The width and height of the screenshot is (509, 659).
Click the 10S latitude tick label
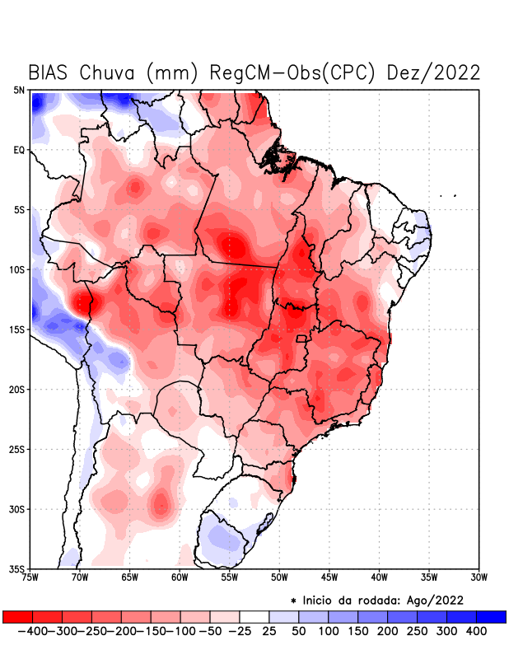(x=17, y=269)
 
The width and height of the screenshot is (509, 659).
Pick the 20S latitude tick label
(x=17, y=389)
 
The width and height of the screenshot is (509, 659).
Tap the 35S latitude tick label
(x=17, y=568)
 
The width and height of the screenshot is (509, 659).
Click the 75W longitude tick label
(x=30, y=577)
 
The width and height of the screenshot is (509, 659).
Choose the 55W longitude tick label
(x=230, y=577)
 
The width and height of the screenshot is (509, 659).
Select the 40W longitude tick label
(x=380, y=577)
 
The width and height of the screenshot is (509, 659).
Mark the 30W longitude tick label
(x=479, y=577)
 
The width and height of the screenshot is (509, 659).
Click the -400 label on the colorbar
(x=30, y=631)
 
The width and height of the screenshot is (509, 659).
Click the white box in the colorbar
(x=254, y=616)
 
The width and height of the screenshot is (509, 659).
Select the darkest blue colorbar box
(x=492, y=616)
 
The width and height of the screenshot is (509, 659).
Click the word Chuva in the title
(x=109, y=72)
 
